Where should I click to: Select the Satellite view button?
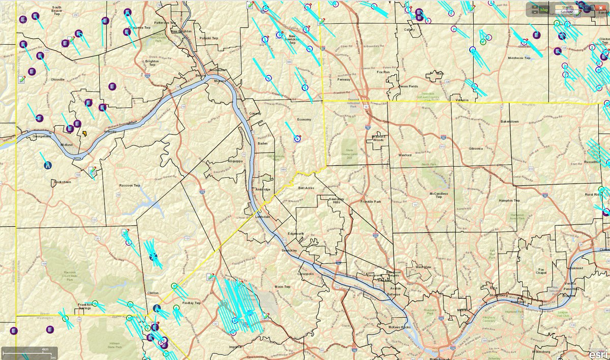click(x=567, y=12)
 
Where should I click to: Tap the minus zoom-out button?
click(x=535, y=12)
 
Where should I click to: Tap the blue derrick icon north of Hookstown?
click(x=47, y=165)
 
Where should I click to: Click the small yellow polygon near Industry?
click(x=84, y=134)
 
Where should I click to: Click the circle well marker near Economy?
click(x=297, y=138)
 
